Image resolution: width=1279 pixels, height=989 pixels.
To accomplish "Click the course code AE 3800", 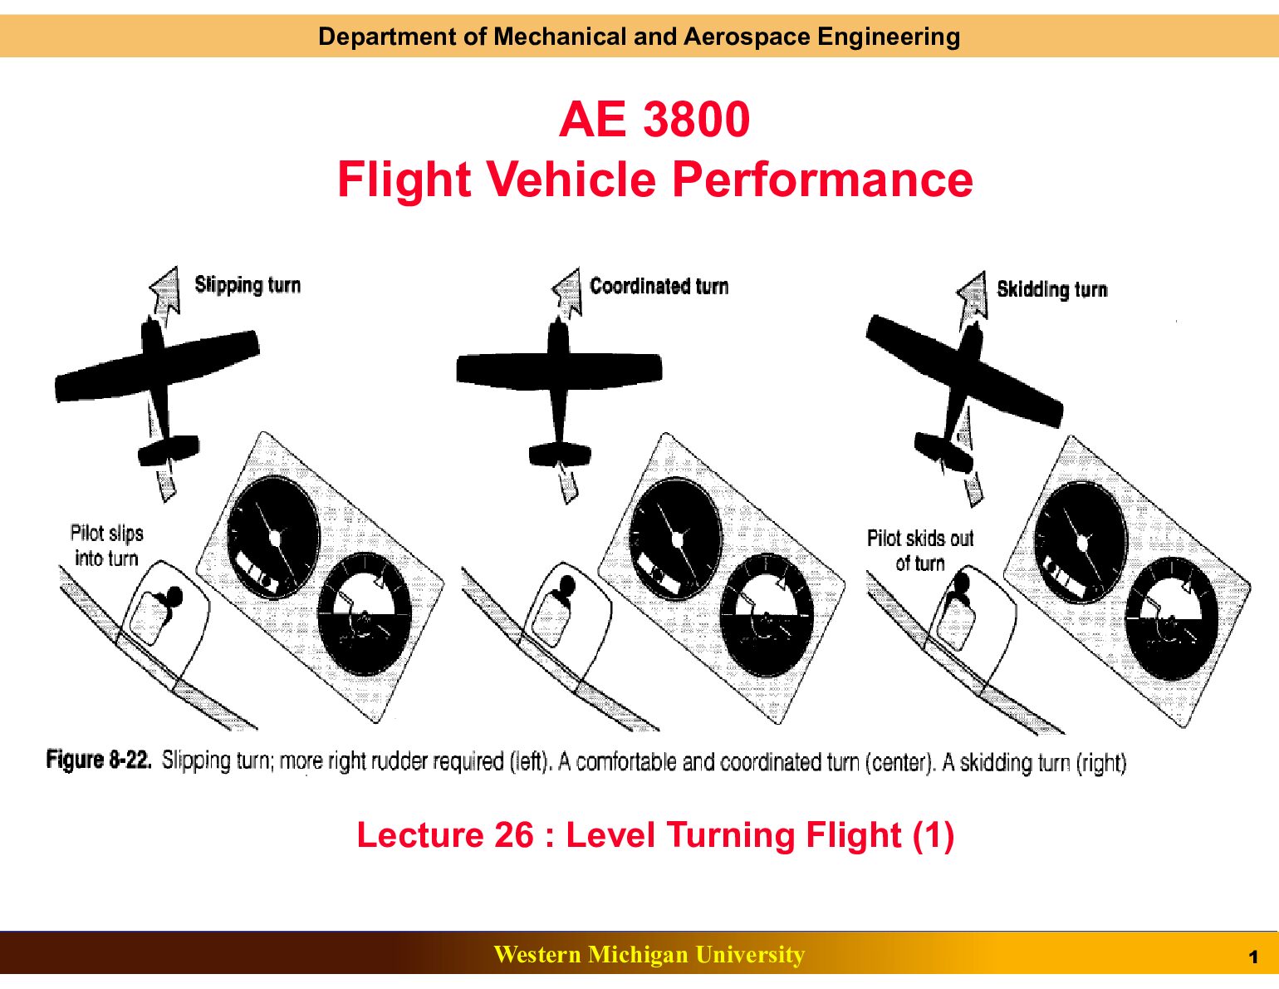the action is pyautogui.click(x=654, y=120).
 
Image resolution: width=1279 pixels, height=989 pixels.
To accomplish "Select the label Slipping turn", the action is pyautogui.click(x=247, y=285).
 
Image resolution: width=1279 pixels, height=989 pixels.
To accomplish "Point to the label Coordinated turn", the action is pyautogui.click(x=659, y=286).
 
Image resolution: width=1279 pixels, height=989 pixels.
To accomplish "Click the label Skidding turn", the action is pyautogui.click(x=1051, y=290).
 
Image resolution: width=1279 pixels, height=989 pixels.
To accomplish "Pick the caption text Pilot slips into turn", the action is pyautogui.click(x=106, y=545).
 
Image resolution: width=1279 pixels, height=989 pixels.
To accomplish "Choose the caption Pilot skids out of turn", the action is pyautogui.click(x=920, y=550).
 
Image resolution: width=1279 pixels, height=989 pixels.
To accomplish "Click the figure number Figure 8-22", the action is pyautogui.click(x=99, y=760).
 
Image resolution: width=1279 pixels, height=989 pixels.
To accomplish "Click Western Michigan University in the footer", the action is pyautogui.click(x=649, y=954).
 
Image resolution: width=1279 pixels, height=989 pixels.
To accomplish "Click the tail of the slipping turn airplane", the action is pyautogui.click(x=169, y=450).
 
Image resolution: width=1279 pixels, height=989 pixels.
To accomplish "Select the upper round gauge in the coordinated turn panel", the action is pyautogui.click(x=676, y=539).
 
